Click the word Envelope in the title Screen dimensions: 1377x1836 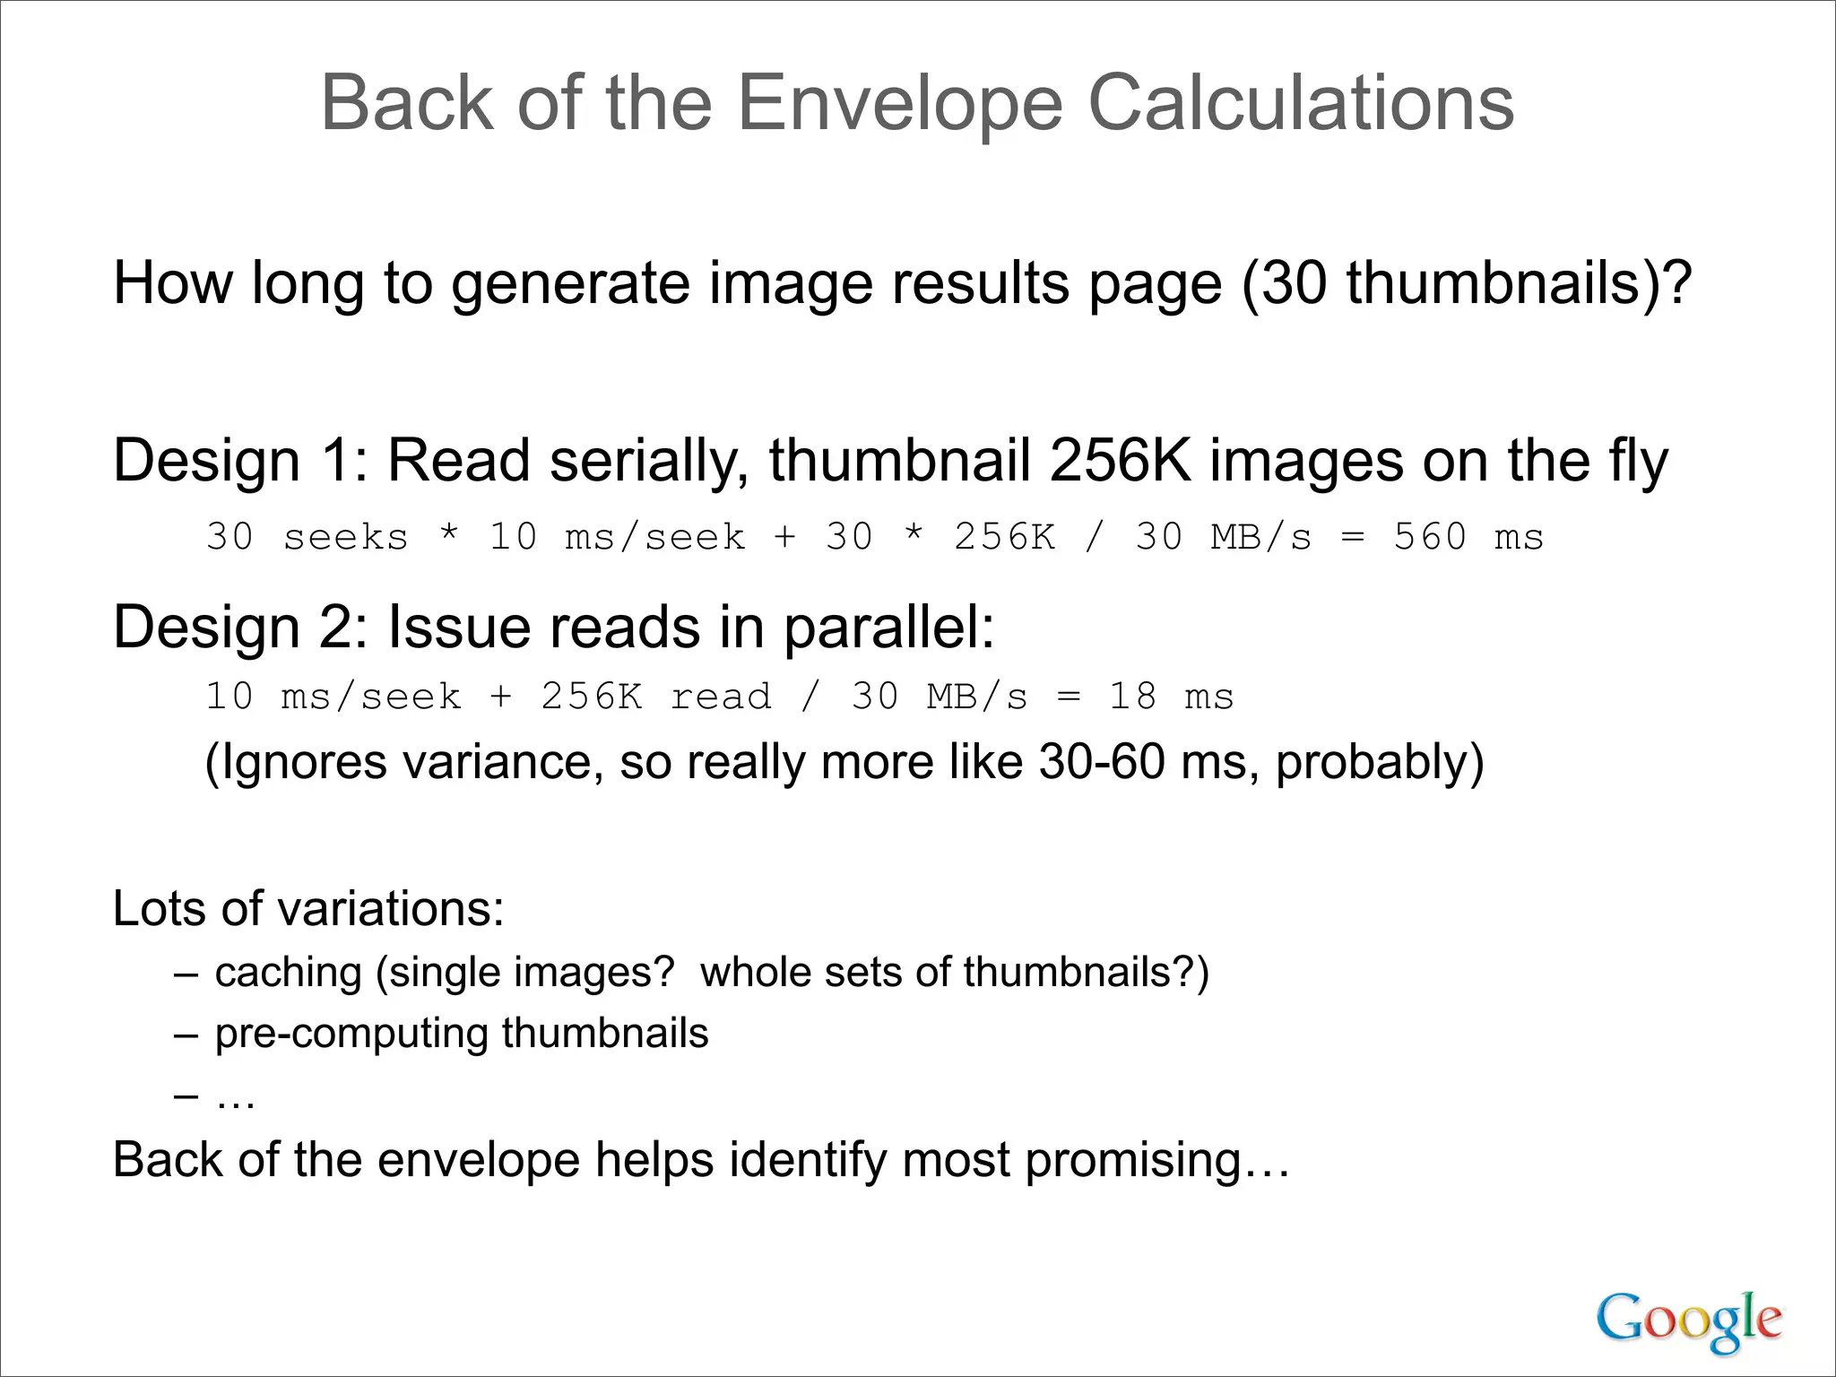click(x=899, y=104)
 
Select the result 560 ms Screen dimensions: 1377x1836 click(x=1468, y=537)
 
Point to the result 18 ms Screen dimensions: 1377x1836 click(x=1171, y=697)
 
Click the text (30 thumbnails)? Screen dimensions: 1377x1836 click(x=1466, y=283)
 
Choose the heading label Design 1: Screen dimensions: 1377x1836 click(x=240, y=461)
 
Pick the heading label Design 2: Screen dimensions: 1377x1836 click(x=240, y=627)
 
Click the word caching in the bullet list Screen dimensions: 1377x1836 click(x=288, y=973)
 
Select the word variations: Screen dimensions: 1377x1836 click(x=391, y=908)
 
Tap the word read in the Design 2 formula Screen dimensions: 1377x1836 click(x=721, y=697)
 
